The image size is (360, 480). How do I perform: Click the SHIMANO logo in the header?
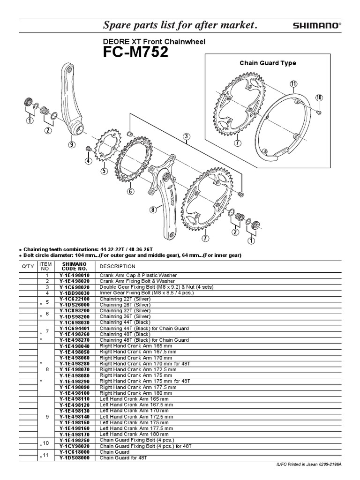click(317, 26)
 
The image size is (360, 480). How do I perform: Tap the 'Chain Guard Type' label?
click(268, 63)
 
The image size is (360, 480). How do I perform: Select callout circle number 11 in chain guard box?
click(293, 84)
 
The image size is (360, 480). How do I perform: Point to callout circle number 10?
click(319, 97)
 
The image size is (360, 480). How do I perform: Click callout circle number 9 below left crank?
click(71, 145)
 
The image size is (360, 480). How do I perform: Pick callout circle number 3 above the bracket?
click(187, 137)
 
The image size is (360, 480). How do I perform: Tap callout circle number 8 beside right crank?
click(153, 210)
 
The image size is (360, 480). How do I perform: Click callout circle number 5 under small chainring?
click(104, 171)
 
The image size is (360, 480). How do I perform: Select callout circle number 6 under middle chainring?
click(130, 191)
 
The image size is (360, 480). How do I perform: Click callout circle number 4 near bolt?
click(87, 161)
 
